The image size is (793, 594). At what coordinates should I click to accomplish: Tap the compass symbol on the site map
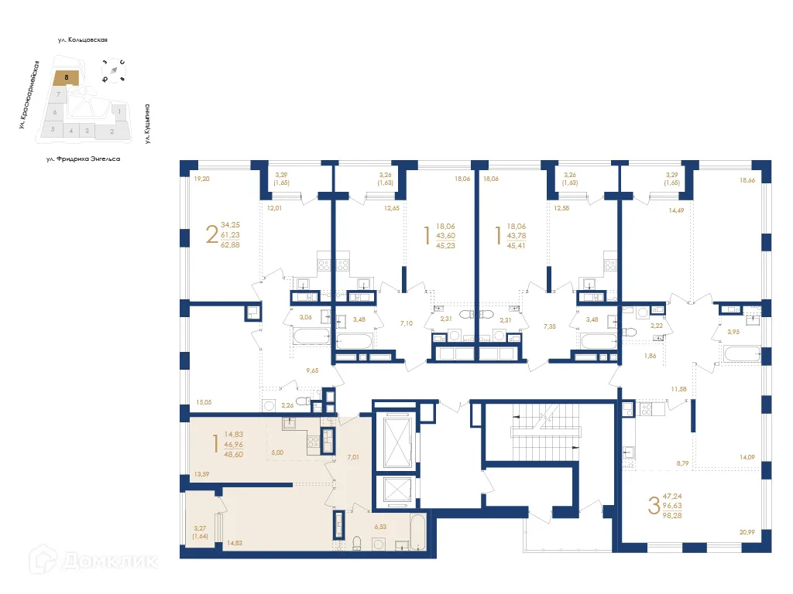(115, 70)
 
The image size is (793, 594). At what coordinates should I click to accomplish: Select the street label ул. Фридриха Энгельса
(83, 159)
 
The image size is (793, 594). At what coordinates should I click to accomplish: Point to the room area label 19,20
(201, 179)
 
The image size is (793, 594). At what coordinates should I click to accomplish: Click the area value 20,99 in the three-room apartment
(747, 532)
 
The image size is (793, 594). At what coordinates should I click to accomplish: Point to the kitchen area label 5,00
(276, 452)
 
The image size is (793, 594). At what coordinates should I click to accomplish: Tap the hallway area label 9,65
(313, 370)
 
